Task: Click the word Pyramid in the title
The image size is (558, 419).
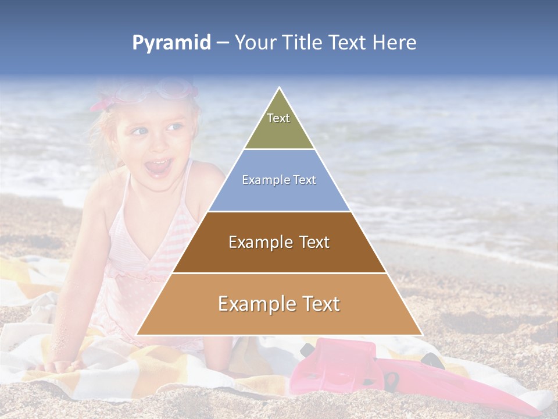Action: pyautogui.click(x=171, y=43)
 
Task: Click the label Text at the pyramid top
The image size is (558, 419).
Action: pyautogui.click(x=278, y=118)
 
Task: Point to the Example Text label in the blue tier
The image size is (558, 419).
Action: pyautogui.click(x=279, y=180)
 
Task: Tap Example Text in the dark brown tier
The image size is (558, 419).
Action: pyautogui.click(x=279, y=242)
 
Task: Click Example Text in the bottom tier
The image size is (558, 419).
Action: pyautogui.click(x=279, y=304)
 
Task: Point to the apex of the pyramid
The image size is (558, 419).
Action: pyautogui.click(x=280, y=89)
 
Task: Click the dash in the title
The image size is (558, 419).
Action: pyautogui.click(x=223, y=43)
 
